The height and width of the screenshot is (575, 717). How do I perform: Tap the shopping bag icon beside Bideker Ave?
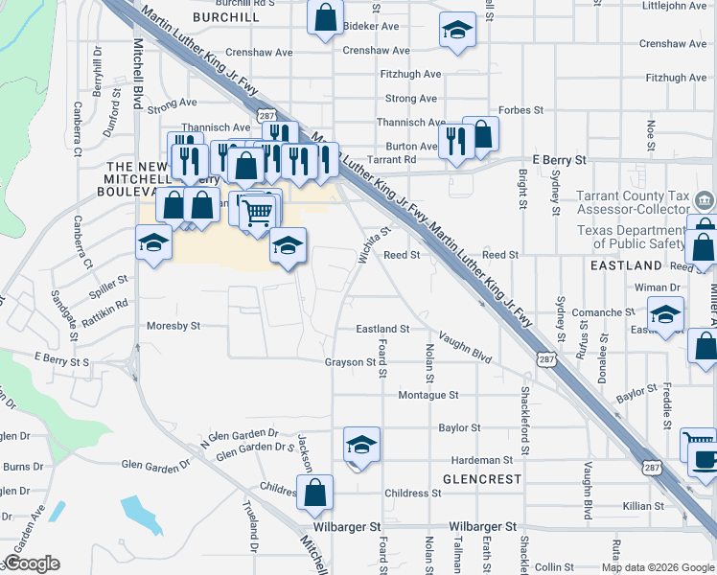(325, 16)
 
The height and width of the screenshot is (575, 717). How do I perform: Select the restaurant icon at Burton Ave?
(455, 142)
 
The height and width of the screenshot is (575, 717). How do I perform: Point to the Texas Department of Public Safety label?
(633, 237)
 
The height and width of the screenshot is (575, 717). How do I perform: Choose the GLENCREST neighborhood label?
(481, 478)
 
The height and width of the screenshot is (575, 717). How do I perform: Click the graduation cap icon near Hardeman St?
(361, 445)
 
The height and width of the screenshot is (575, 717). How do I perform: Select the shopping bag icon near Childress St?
(314, 493)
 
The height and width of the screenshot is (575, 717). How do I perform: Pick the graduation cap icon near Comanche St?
(665, 314)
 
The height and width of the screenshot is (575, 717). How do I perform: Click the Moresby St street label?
(173, 326)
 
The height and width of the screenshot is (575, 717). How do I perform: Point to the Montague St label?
(428, 395)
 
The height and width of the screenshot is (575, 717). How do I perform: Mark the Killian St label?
(642, 506)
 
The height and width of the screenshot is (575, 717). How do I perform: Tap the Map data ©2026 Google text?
(658, 567)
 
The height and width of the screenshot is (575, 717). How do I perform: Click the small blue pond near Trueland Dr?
(142, 512)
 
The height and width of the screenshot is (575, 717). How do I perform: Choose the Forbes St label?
(520, 110)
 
